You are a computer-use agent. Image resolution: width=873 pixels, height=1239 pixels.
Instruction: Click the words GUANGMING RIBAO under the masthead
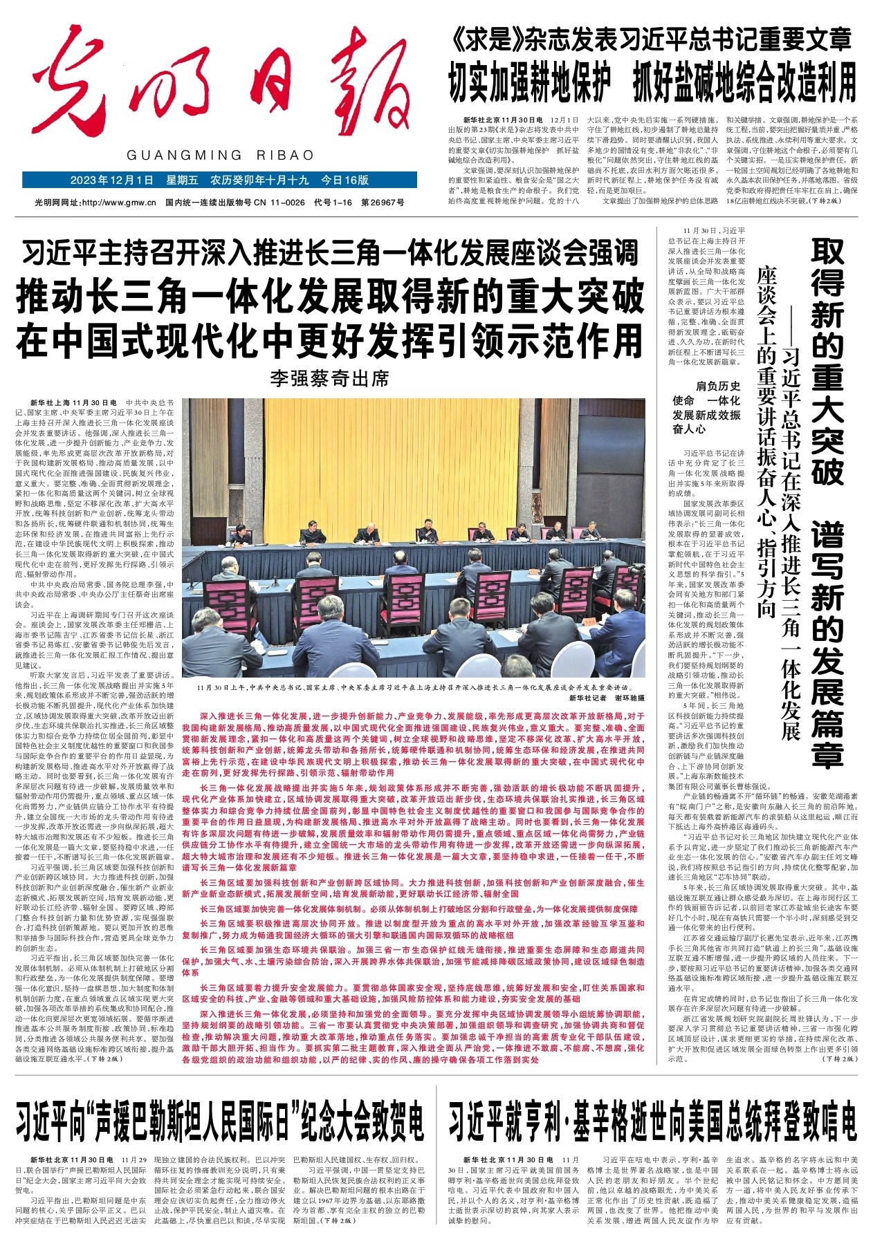(x=220, y=156)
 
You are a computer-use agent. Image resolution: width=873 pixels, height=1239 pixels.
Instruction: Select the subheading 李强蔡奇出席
(x=330, y=378)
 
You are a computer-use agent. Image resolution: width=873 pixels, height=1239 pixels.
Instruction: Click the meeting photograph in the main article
(x=413, y=538)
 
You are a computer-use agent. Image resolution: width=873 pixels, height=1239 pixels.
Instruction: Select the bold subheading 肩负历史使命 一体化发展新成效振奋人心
(x=706, y=407)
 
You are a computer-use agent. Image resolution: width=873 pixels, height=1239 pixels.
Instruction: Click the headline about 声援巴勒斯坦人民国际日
(x=220, y=1121)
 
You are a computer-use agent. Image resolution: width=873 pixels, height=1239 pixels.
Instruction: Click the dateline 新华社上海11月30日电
(x=75, y=402)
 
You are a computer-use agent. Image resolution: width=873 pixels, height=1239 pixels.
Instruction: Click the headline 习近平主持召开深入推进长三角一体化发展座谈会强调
(x=330, y=254)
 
